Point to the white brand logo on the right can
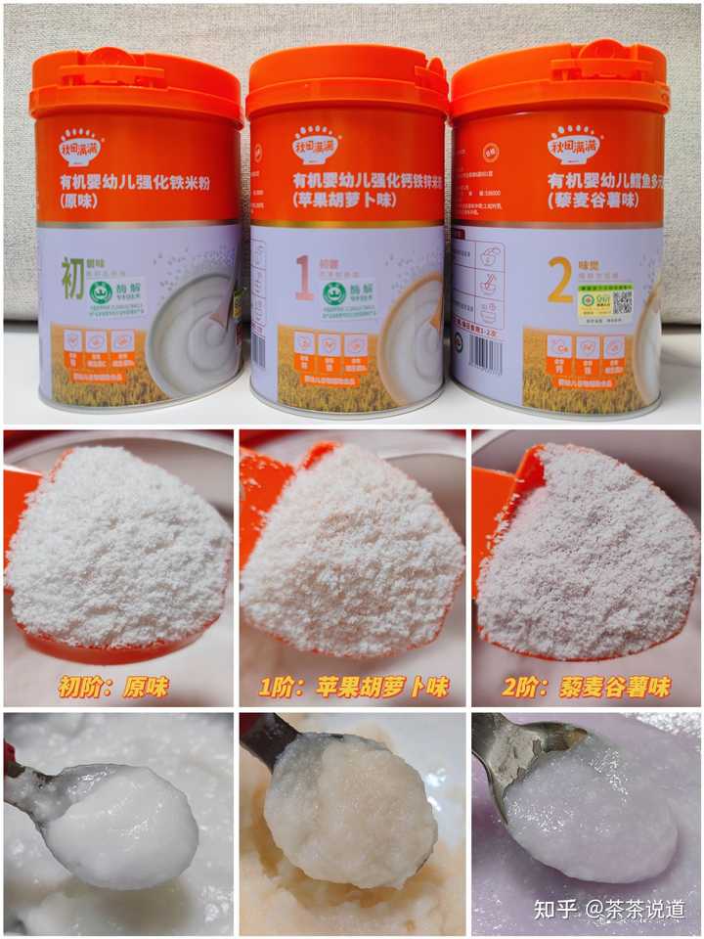(574, 146)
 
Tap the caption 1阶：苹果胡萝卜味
(353, 687)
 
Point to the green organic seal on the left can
(100, 292)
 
